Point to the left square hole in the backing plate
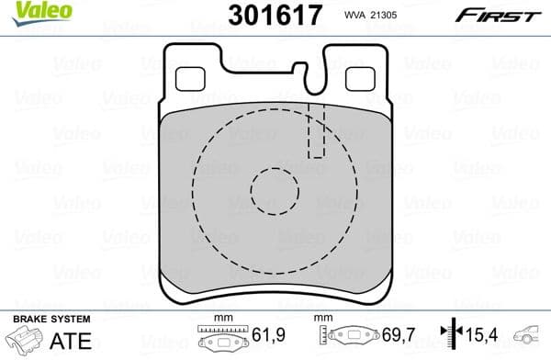tap(188, 80)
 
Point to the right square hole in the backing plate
tap(358, 80)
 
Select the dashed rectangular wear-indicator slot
tap(317, 130)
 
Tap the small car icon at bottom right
tap(530, 338)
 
